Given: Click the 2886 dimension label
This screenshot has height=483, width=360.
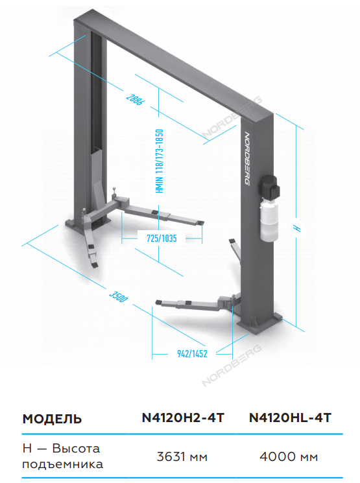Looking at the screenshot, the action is [134, 99].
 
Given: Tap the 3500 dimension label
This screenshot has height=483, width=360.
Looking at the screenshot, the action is [118, 296].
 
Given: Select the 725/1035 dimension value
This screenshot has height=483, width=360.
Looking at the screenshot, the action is [162, 238].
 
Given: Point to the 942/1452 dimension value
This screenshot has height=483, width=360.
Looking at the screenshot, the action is [192, 353].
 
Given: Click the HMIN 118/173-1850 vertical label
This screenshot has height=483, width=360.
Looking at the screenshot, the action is [160, 161].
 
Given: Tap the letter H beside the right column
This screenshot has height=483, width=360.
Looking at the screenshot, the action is [297, 228].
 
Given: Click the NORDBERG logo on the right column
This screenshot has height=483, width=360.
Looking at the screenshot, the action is [247, 159].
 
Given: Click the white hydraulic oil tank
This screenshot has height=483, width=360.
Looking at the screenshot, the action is [269, 220].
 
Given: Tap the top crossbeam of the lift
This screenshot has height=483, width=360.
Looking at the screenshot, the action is [173, 65].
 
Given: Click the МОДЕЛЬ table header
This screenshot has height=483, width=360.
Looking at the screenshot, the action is [52, 419].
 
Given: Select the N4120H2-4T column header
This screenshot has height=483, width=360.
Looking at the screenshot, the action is [183, 418].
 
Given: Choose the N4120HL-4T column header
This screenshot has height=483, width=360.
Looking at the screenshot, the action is [290, 418].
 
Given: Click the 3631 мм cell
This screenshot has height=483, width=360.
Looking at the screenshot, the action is [182, 456].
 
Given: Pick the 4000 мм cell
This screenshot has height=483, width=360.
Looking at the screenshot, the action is [289, 456].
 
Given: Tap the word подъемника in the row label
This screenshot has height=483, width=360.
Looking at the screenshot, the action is [62, 464].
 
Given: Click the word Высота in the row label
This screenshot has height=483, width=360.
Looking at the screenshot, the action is [76, 448].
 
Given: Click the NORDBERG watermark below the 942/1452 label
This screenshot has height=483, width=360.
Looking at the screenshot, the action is [232, 366].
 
